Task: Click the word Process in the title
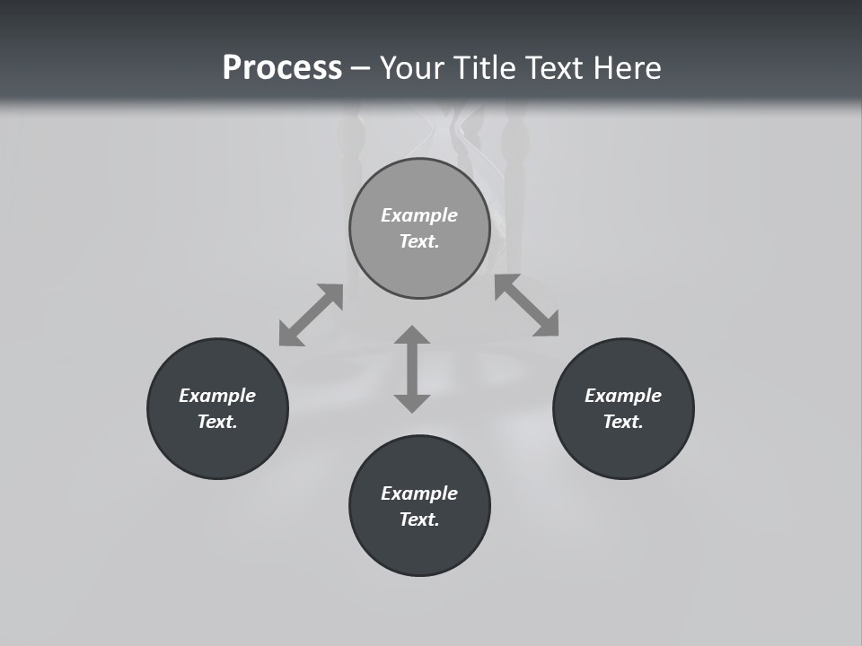(282, 68)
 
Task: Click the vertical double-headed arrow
(412, 369)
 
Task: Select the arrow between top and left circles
(311, 315)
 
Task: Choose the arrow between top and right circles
(526, 305)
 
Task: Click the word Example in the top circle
(419, 215)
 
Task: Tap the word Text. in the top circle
(419, 241)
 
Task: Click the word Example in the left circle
(217, 396)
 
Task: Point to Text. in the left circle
(217, 422)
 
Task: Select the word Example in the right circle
(623, 396)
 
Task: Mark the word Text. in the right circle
(623, 422)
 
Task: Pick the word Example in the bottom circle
(419, 493)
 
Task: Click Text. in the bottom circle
(419, 519)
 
